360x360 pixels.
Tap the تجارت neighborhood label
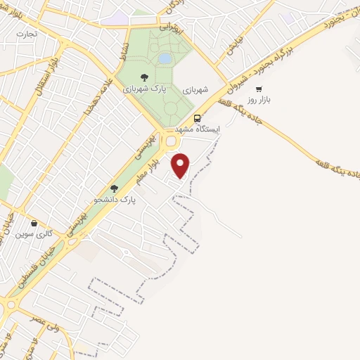tap(27, 33)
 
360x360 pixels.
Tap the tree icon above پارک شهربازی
tap(144, 77)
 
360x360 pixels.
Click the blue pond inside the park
tap(165, 58)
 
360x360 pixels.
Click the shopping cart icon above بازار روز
tap(259, 89)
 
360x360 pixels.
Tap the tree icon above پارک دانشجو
tap(114, 188)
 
